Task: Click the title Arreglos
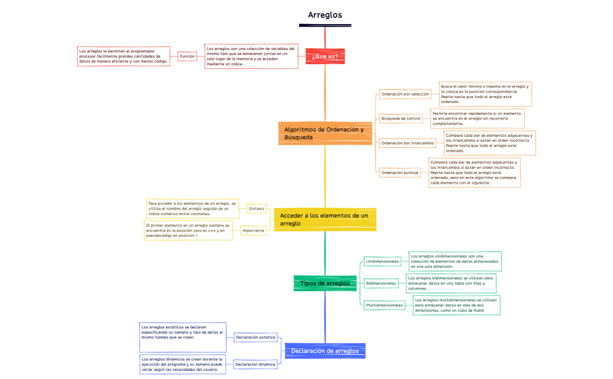324,15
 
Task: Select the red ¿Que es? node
325,56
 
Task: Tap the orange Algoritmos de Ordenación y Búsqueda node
324,133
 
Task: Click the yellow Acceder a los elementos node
324,219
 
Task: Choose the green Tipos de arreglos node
324,283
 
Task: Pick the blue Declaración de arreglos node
324,351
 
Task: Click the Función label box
187,56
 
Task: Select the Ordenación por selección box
405,94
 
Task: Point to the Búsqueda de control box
401,118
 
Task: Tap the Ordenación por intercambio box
408,142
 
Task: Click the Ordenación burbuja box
400,173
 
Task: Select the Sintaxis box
257,208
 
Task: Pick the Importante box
253,230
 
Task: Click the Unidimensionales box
382,261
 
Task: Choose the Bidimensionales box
381,283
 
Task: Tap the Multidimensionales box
384,304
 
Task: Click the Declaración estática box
255,337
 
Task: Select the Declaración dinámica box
255,364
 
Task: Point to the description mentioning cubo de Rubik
456,305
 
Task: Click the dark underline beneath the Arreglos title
325,25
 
